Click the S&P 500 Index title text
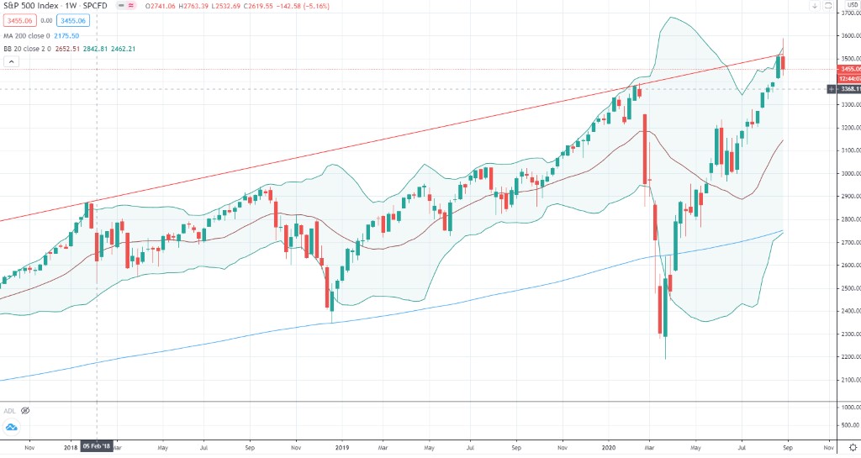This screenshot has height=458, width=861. click(x=32, y=7)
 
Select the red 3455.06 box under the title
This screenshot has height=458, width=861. click(x=18, y=20)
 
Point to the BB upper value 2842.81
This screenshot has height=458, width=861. click(x=99, y=49)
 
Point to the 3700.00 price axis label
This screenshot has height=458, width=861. click(x=849, y=14)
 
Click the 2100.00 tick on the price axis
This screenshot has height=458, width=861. click(x=849, y=379)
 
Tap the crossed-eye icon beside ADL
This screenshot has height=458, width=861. click(x=25, y=410)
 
